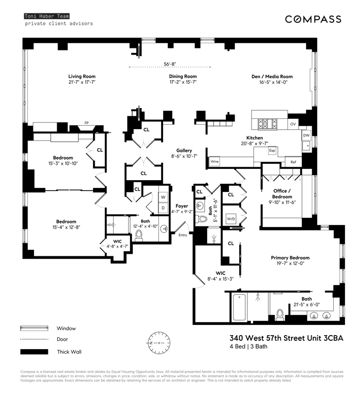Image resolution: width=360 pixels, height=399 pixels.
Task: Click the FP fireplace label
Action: tap(87, 123)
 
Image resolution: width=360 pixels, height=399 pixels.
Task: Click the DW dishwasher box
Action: tap(306, 134)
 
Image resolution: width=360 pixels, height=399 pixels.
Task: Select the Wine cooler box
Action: tap(215, 162)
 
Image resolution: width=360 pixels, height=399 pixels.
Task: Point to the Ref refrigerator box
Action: tap(293, 162)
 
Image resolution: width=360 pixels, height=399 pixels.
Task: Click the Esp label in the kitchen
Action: tap(273, 151)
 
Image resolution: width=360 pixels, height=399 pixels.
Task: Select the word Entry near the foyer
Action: tap(183, 235)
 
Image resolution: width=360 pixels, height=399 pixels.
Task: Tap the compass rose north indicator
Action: tap(158, 342)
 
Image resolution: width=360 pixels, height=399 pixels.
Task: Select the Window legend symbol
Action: tap(34, 327)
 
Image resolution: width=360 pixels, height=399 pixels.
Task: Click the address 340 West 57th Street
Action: tap(285, 338)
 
